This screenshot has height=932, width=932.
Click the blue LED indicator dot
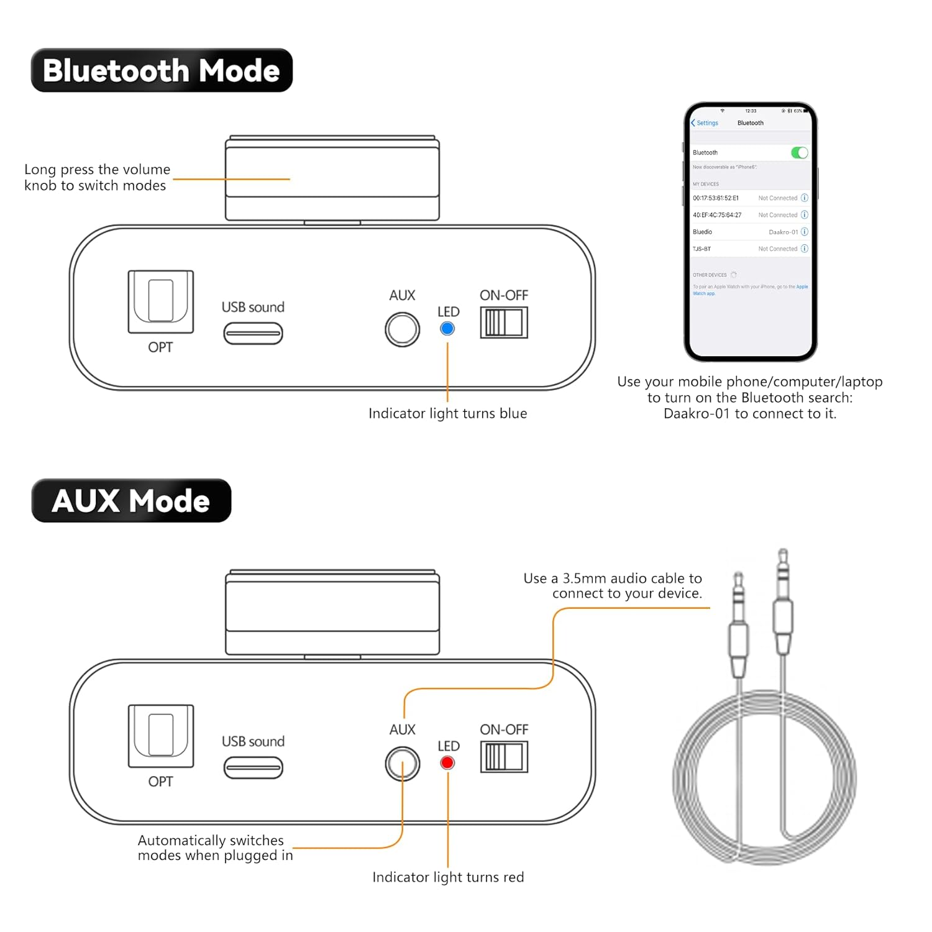coord(447,329)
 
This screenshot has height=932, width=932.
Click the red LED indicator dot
coord(447,762)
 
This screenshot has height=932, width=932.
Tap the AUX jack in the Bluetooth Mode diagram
coord(403,329)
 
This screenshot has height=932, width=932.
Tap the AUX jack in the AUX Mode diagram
coord(403,764)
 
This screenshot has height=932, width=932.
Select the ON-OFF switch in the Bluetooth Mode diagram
coord(504,322)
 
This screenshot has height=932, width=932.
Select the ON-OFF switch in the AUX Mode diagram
coord(504,757)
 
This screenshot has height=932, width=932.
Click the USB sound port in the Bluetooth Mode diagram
coord(254,334)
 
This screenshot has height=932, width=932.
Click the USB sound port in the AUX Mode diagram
coord(254,768)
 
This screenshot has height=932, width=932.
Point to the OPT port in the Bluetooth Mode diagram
coord(161,301)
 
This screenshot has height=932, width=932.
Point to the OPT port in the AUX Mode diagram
coord(161,736)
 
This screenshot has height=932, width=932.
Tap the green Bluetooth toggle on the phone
coord(799,153)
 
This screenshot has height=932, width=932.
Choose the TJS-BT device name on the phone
coord(702,249)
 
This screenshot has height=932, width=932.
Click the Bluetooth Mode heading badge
coord(162,70)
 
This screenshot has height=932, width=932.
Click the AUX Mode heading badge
coord(131,501)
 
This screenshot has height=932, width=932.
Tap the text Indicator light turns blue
coord(447,413)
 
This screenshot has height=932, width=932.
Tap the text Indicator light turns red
coord(448,877)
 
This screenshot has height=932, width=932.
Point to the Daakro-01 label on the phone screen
coord(783,232)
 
